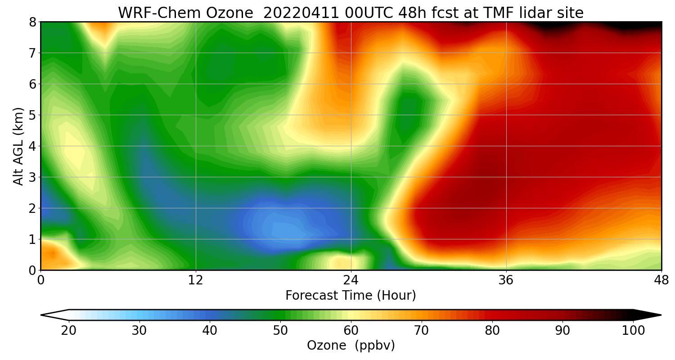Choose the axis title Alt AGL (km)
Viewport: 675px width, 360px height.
coord(18,146)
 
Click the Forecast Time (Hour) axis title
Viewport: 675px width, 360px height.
coord(351,296)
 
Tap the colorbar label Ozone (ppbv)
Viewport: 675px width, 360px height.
coord(351,346)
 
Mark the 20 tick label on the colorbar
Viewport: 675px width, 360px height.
coord(69,331)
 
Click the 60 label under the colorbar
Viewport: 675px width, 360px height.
coord(351,331)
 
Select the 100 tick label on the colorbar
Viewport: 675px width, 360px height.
coord(633,331)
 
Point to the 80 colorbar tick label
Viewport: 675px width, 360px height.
coord(492,331)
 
